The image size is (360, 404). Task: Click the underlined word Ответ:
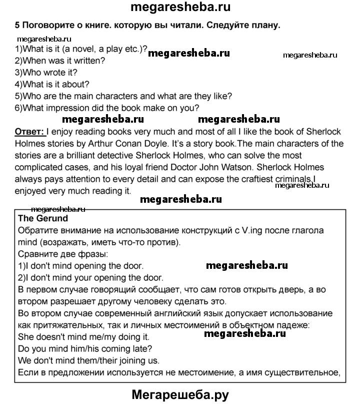click(x=30, y=132)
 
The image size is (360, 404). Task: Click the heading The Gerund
click(x=43, y=218)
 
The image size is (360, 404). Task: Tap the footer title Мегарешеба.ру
click(x=180, y=394)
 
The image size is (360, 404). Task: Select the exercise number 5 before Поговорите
click(x=18, y=25)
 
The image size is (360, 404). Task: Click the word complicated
click(x=45, y=167)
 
